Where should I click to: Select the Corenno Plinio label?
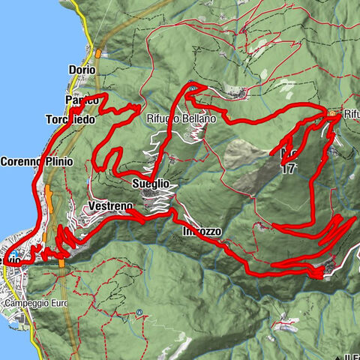(x=36, y=161)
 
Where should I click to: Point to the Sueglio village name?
(x=147, y=184)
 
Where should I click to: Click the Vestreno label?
(x=109, y=205)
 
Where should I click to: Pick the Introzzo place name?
(x=202, y=232)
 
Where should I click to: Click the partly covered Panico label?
(x=81, y=100)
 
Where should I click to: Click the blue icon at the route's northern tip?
(x=193, y=87)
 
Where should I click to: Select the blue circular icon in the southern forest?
(x=139, y=312)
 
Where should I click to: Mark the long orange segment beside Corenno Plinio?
(x=49, y=201)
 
